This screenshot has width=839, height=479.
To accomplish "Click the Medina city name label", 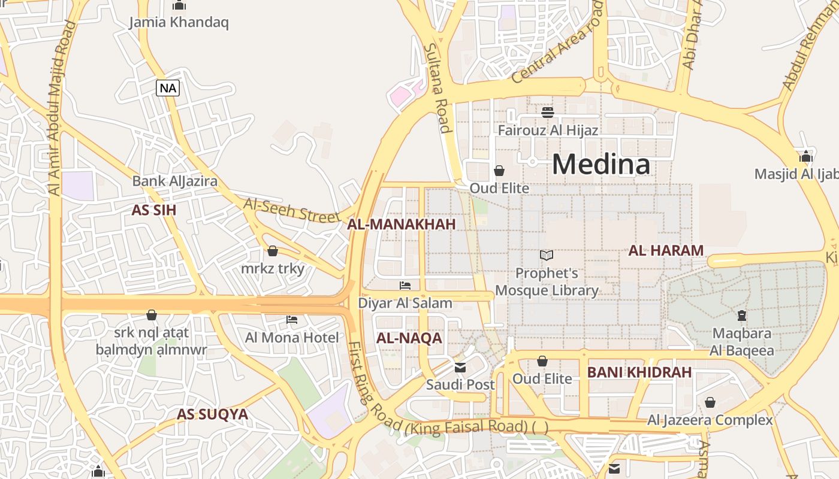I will coord(600,164).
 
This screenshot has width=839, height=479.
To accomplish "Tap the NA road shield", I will coord(168,88).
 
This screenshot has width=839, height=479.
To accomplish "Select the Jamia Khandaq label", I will coord(179,23).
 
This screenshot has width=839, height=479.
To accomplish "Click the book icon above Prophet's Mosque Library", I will coord(546,256).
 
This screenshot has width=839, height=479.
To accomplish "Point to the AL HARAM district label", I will coord(665,251).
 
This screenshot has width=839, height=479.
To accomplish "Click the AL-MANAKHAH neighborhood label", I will coord(401,225).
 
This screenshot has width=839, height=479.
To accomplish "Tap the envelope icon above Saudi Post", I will coord(460,367).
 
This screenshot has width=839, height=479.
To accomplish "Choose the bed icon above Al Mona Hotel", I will coord(292,319).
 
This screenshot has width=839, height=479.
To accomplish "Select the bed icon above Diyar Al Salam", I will coord(405,286).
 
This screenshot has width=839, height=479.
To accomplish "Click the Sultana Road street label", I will coord(436,87).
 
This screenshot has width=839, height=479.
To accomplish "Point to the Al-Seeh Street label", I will coord(292,210).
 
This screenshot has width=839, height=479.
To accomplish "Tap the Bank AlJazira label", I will coord(174,181).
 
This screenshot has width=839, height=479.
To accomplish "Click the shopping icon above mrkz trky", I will coord(273,251).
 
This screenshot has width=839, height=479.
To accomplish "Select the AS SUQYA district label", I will coord(212,414).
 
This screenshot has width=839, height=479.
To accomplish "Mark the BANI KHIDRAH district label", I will coord(639,372).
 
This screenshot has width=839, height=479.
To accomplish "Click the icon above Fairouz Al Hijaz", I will coord(547,112).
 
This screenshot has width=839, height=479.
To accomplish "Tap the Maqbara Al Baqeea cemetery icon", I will coord(741,316).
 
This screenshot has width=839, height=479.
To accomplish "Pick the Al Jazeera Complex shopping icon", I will coord(710,402).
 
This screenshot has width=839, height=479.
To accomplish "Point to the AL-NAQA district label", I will coord(409,338).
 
